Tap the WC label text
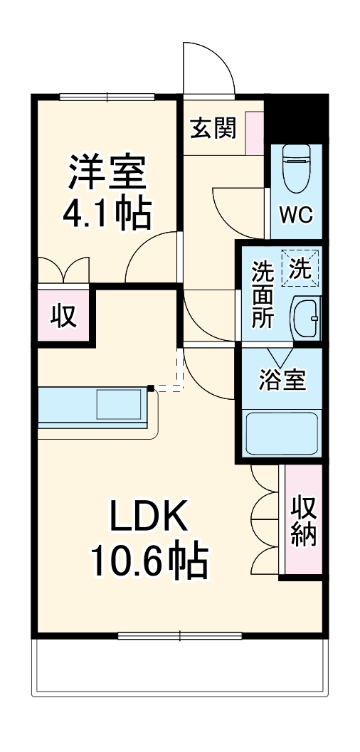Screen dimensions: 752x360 295,216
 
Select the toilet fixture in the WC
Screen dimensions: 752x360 294,168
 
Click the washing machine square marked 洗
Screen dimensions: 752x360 299,269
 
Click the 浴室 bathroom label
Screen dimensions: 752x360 282,381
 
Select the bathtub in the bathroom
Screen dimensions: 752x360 282,435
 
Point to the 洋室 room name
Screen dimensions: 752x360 107,171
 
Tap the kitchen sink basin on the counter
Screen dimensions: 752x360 119,404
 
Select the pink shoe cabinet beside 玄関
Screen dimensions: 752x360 254,132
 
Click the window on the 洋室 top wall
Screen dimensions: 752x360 107,97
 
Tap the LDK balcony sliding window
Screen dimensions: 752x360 180,635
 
